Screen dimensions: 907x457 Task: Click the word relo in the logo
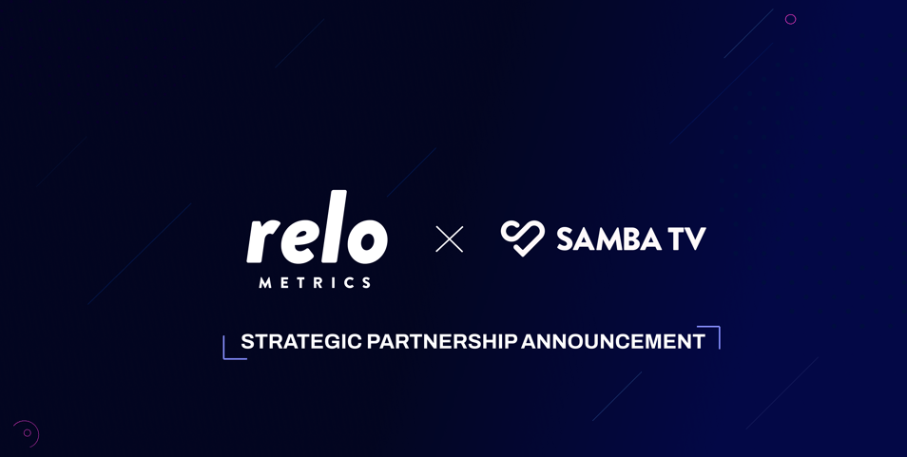click(x=317, y=227)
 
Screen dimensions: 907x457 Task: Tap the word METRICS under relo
click(x=316, y=282)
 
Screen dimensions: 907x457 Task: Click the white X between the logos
click(x=450, y=239)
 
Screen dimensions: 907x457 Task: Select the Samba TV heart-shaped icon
click(x=522, y=238)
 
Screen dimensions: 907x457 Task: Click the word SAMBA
click(x=608, y=238)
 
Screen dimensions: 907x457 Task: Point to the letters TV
click(x=688, y=238)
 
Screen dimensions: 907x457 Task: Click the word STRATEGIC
click(x=301, y=341)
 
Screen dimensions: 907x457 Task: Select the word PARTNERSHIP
click(x=442, y=341)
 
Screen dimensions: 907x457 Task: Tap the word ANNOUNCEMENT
click(x=613, y=341)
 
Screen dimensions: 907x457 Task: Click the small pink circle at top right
click(x=791, y=19)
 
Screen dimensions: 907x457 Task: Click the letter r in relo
click(x=264, y=241)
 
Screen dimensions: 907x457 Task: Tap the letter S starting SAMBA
click(x=565, y=238)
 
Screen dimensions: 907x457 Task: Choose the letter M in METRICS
click(x=265, y=282)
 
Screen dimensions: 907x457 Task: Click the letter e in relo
click(x=302, y=241)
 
